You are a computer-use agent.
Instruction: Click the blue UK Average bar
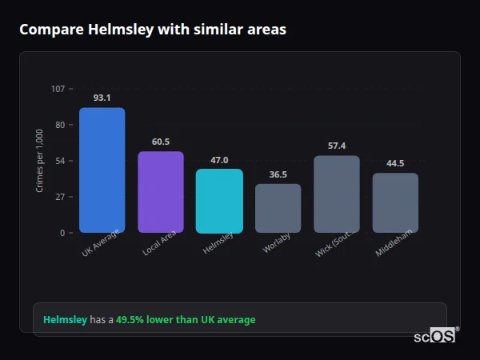point(102,170)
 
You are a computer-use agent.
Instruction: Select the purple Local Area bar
point(161,192)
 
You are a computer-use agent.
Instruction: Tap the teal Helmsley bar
point(219,201)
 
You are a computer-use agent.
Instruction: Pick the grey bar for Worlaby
point(278,208)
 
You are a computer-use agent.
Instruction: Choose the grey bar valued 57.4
point(337,194)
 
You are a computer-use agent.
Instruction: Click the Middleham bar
point(395,202)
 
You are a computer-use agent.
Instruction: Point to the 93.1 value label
point(102,98)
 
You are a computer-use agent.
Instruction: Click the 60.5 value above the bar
point(161,142)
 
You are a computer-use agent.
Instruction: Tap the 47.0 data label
point(219,160)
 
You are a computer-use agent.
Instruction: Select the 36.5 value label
point(278,174)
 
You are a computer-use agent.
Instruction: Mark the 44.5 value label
point(395,163)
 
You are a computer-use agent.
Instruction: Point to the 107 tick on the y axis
point(58,89)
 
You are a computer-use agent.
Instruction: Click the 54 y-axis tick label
point(60,161)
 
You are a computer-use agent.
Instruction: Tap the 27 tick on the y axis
point(60,197)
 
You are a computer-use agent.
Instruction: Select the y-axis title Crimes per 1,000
point(40,161)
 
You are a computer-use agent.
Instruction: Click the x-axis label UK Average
point(101,243)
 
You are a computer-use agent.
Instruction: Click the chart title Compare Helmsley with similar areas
point(153,30)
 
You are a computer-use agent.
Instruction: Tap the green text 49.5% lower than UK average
point(186,320)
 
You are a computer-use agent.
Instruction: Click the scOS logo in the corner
point(435,336)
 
